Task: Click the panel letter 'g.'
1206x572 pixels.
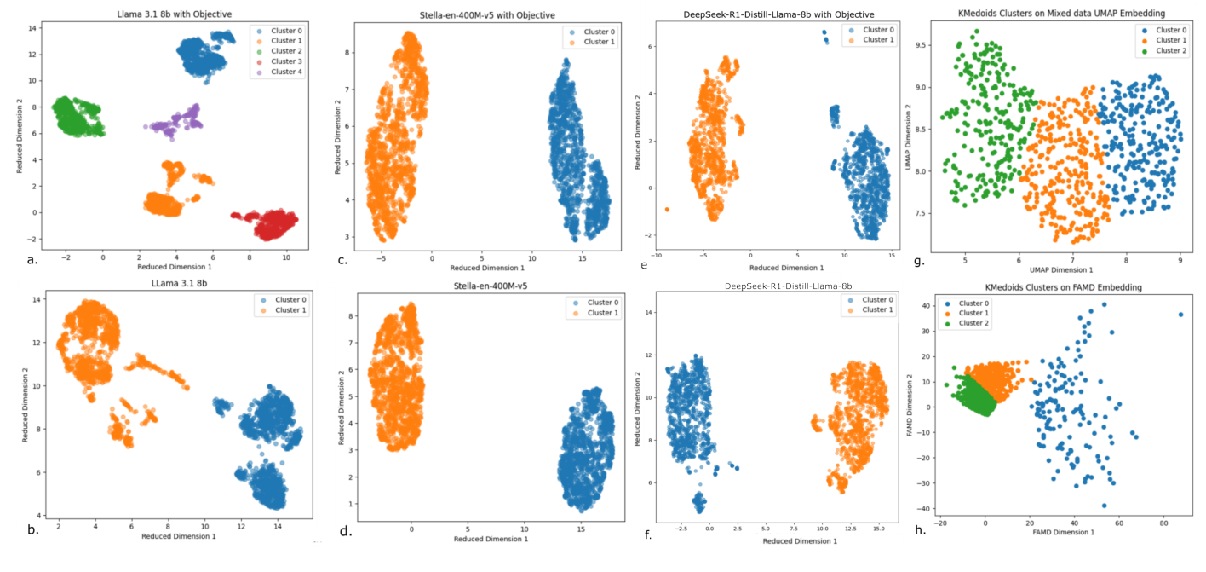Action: click(918, 260)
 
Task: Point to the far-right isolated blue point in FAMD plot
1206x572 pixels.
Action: click(1180, 315)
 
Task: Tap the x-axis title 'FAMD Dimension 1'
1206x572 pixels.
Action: click(1053, 532)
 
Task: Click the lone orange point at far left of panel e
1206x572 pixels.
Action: click(668, 209)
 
